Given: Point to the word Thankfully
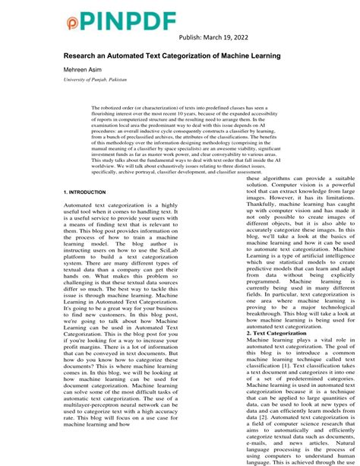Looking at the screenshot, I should (218, 216).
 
